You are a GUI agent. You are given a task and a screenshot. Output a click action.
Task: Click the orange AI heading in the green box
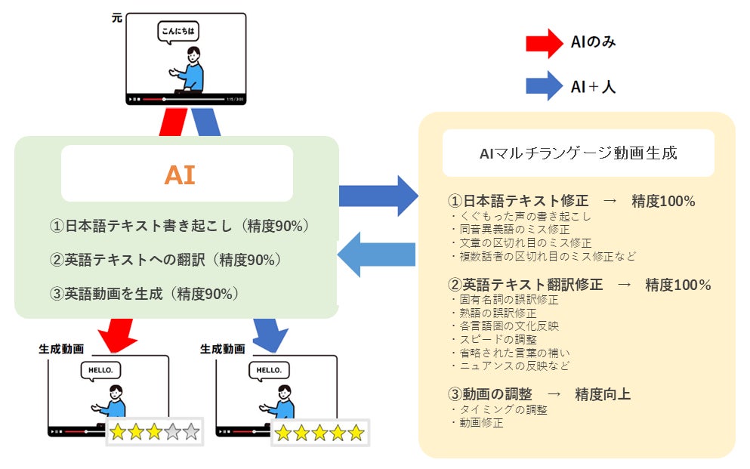point(180,174)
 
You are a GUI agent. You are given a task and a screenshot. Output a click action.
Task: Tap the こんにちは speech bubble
point(178,32)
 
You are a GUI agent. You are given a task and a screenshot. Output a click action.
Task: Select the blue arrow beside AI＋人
point(545,86)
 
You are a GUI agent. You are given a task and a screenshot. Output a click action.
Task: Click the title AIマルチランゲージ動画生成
point(579,153)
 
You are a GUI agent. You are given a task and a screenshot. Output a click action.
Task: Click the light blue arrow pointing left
point(376,255)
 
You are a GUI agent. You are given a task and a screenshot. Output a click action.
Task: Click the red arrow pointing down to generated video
point(117,335)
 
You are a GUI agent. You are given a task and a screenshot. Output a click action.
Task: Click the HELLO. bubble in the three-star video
point(100,371)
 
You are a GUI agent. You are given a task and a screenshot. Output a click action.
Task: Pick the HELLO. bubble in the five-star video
point(269,371)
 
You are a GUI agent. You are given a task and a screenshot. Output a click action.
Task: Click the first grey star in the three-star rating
point(173,432)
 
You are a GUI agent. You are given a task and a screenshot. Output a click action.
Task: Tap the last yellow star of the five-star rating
point(356,433)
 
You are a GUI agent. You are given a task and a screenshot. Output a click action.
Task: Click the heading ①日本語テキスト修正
point(518,201)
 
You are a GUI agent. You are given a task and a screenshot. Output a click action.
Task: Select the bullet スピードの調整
point(494,339)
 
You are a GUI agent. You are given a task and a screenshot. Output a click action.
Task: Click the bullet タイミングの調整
point(499,410)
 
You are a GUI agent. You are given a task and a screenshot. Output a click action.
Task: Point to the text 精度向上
point(603,394)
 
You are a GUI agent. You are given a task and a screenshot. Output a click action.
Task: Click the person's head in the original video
point(193,54)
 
